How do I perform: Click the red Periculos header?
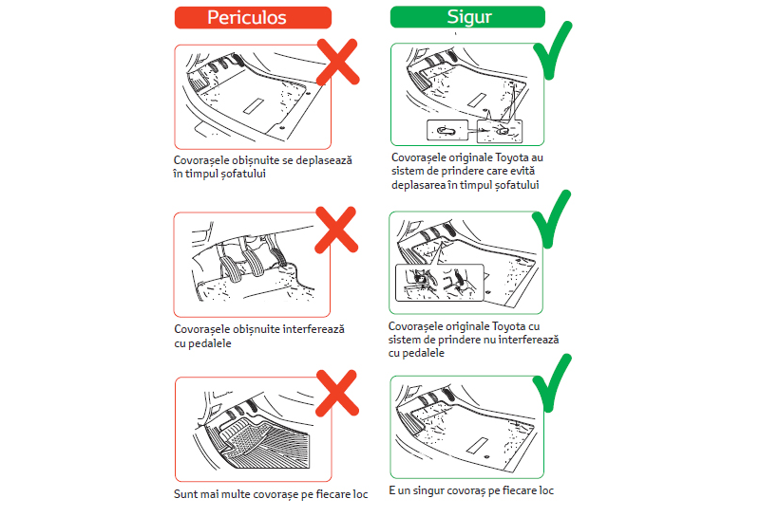(253, 18)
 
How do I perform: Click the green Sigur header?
(467, 18)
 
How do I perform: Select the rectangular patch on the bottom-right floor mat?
(477, 443)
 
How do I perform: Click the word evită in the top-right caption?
(523, 171)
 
